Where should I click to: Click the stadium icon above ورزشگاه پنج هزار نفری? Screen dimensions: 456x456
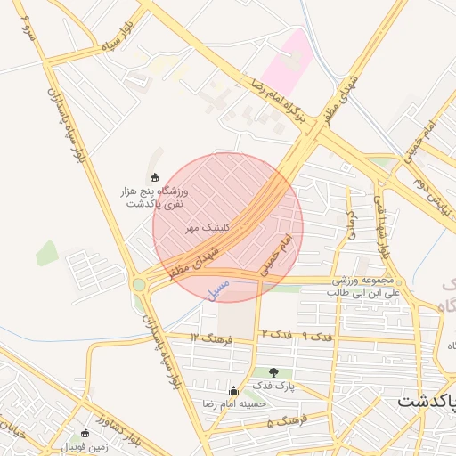155,177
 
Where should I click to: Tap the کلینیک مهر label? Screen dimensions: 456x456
208,228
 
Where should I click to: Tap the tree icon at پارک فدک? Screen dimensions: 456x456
273,372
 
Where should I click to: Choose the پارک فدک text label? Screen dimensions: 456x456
273,386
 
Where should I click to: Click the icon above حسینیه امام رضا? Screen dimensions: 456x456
233,390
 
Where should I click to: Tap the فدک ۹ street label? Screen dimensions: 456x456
317,338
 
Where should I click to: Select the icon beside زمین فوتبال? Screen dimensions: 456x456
85,434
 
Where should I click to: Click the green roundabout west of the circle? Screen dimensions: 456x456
139,285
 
